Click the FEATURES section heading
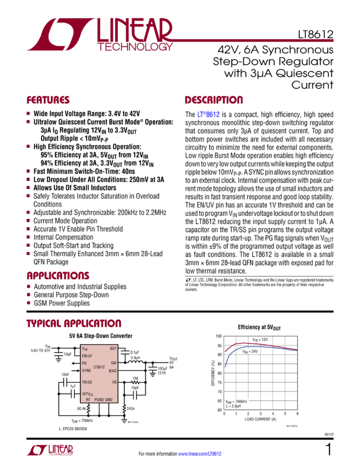click(x=48, y=101)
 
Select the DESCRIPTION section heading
click(x=213, y=101)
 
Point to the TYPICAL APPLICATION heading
click(x=73, y=323)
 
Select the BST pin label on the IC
click(x=113, y=348)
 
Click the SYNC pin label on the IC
click(x=87, y=371)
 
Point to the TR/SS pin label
click(x=87, y=382)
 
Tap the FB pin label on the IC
click(x=114, y=382)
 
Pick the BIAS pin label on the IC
click(x=112, y=371)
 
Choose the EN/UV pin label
click(x=87, y=356)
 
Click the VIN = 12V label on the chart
click(x=260, y=340)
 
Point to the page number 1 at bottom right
click(x=328, y=450)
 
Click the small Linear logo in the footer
click(x=49, y=451)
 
